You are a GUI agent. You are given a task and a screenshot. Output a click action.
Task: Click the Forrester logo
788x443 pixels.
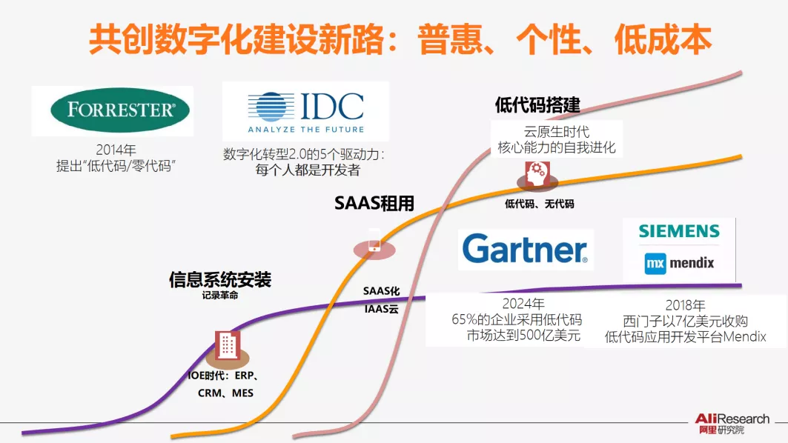[x=120, y=110]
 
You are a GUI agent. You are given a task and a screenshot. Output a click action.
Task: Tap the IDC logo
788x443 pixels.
[x=305, y=111]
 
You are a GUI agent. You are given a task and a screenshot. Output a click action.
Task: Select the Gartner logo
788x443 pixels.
[x=526, y=250]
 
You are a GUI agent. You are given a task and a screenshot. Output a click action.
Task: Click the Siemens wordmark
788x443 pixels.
[x=679, y=231]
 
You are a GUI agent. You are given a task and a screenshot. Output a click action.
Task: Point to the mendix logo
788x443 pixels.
[x=679, y=263]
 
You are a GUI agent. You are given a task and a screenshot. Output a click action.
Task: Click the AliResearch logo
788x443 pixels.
[x=731, y=423]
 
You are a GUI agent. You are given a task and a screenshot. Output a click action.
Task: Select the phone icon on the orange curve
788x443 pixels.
[x=374, y=242]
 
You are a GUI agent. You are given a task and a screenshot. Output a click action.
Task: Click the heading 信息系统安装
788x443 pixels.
[x=220, y=280]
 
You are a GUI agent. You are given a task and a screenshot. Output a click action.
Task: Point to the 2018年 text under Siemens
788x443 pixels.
[x=685, y=304]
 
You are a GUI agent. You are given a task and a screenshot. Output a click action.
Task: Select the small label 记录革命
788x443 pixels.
[x=220, y=295]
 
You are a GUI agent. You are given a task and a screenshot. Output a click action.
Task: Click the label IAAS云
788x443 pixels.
[x=382, y=309]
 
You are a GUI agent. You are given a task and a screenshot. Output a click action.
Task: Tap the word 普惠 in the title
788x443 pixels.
[x=454, y=39]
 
